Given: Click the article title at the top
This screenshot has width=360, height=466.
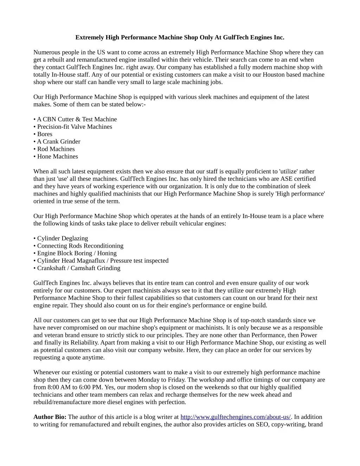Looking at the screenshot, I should click(180, 37).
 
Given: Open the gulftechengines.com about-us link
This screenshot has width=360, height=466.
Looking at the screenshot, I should click(236, 417).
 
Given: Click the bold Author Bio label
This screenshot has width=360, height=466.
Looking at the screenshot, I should click(50, 417).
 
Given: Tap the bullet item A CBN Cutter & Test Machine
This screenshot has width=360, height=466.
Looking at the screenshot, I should click(77, 119).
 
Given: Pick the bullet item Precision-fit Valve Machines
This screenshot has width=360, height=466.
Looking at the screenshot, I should click(75, 127).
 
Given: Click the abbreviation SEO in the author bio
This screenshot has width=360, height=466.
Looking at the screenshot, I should click(263, 424).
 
